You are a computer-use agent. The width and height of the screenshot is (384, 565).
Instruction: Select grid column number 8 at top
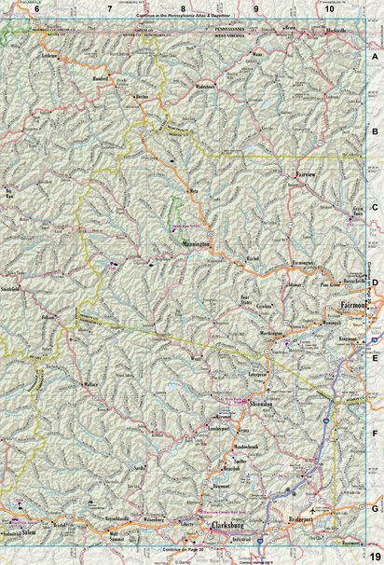(183, 7)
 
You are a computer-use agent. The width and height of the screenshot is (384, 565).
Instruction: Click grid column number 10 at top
(329, 7)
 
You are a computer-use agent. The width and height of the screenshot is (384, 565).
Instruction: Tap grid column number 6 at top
(36, 7)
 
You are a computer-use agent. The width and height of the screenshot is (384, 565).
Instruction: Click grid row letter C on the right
(375, 208)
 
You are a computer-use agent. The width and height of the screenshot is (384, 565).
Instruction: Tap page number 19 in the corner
(372, 557)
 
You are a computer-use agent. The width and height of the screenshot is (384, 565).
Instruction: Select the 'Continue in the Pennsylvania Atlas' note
(182, 17)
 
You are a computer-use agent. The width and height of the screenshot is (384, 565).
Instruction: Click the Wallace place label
(89, 383)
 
